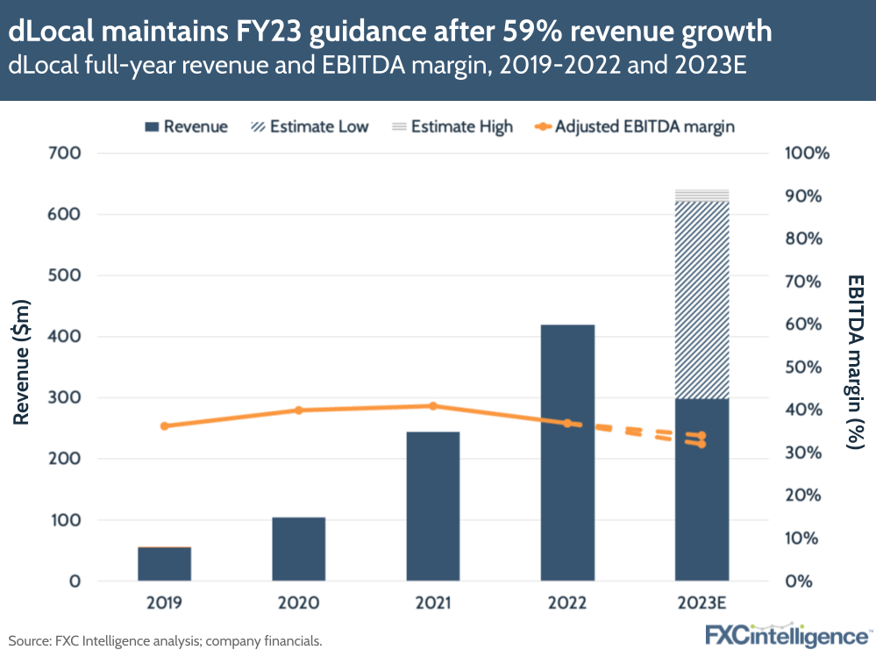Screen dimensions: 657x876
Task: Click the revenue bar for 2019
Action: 164,564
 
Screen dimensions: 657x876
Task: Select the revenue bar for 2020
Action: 298,549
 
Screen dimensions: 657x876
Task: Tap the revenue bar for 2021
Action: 433,506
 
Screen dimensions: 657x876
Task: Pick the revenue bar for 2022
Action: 567,453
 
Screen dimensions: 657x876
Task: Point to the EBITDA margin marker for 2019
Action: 164,426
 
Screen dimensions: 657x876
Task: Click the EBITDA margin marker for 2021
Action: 433,406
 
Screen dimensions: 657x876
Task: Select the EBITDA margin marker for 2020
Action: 298,411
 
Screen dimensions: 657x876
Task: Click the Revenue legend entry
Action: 185,126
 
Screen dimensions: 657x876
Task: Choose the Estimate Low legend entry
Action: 308,126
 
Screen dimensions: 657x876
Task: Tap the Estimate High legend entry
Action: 451,126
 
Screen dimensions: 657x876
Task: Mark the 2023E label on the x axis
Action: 702,603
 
